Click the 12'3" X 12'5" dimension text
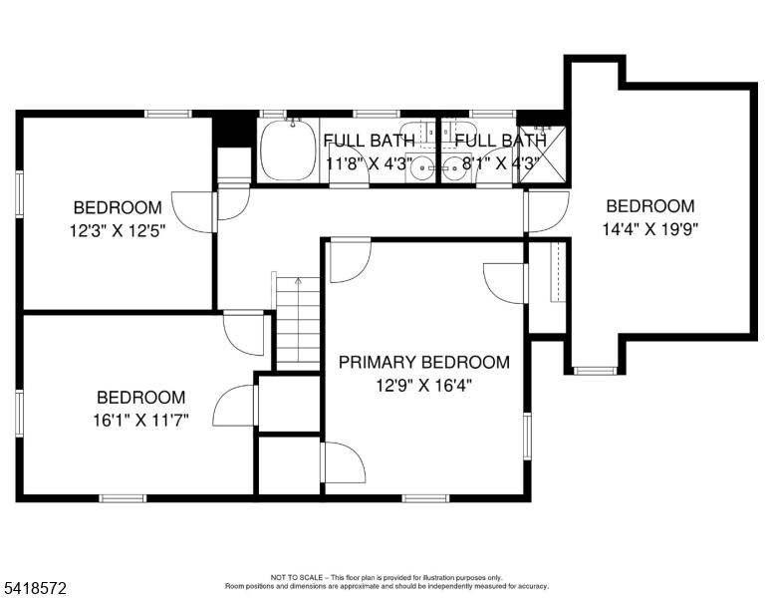(118, 230)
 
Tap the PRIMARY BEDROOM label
(424, 362)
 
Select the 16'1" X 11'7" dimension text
(141, 421)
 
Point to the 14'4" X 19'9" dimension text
(650, 229)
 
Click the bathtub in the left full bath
(288, 149)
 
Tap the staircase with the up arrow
(298, 323)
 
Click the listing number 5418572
(35, 588)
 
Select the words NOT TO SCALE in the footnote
(297, 577)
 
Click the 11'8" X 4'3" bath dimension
(370, 162)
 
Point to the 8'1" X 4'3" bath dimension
(501, 162)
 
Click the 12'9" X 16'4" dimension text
(424, 385)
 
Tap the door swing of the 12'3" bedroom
(194, 212)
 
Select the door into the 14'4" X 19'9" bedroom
(547, 212)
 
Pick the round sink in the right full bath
(453, 168)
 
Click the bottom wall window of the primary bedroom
(425, 498)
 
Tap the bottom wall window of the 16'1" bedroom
(123, 498)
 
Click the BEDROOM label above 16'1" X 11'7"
(141, 398)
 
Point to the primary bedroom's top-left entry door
(351, 260)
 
